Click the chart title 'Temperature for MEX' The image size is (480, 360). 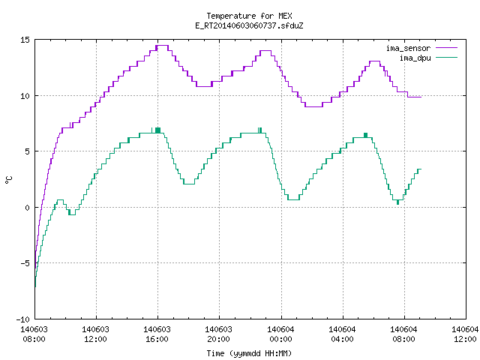click(249, 16)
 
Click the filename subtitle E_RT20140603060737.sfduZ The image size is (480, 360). click(249, 25)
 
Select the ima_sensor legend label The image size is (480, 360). click(408, 48)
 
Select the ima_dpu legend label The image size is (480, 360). click(415, 58)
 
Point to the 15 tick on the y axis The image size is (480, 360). click(25, 40)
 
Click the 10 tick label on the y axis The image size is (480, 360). click(25, 96)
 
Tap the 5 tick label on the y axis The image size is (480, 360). click(27, 151)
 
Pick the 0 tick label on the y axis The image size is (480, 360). click(27, 208)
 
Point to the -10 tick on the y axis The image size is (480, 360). click(23, 319)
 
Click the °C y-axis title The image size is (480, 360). click(9, 180)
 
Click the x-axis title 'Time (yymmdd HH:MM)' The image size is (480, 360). click(249, 353)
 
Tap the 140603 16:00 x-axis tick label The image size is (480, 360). click(157, 334)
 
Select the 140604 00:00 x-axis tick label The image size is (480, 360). click(280, 334)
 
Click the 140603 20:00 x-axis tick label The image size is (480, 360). click(218, 334)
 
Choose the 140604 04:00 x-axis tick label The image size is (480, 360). click(342, 334)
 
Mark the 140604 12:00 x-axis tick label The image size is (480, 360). click(465, 334)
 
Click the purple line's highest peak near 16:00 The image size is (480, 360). click(162, 45)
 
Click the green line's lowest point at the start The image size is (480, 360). click(35, 286)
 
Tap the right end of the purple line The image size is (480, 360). click(421, 97)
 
